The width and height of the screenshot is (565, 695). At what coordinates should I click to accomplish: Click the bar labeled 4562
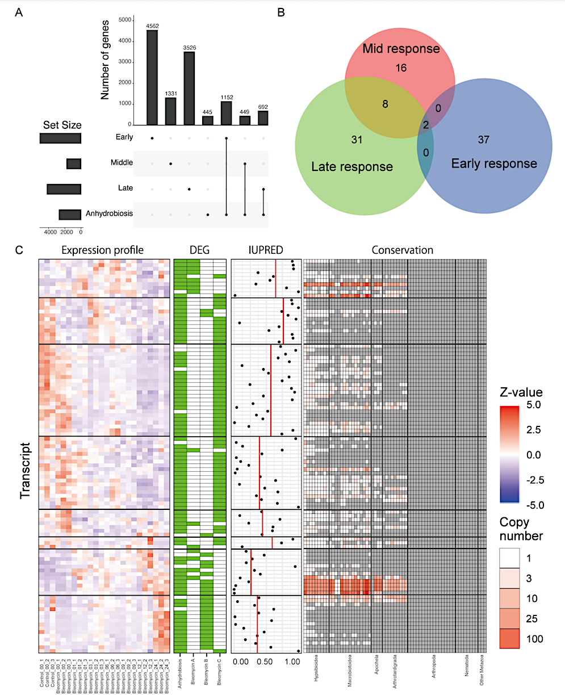[152, 77]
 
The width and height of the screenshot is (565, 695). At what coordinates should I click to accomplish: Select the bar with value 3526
[189, 88]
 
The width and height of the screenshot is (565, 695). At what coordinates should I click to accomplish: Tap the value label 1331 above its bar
[171, 94]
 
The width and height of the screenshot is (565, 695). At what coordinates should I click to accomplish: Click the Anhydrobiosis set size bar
[70, 215]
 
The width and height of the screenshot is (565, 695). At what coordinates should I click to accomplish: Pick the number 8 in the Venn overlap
[385, 104]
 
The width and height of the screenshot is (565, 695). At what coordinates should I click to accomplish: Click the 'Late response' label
[352, 167]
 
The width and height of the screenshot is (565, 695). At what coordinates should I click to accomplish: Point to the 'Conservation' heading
[402, 250]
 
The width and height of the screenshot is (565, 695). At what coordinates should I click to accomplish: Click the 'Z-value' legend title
[521, 392]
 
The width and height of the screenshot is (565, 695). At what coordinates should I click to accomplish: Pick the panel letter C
[19, 249]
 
